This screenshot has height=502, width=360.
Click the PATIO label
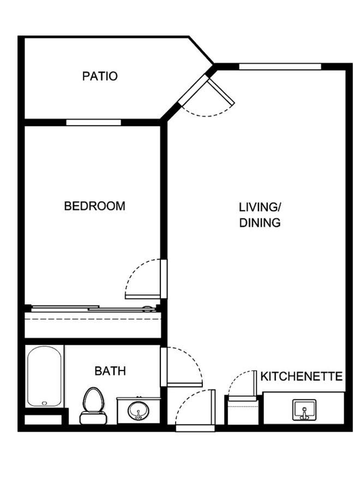point(100,76)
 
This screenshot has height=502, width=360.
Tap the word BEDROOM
point(95,206)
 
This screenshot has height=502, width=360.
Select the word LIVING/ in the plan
point(260,207)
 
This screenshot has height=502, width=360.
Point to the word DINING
point(260,223)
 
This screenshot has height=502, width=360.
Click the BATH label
point(110,371)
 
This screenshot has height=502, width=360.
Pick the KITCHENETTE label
point(302,376)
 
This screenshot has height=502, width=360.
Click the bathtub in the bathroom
point(44,376)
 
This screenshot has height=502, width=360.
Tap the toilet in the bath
point(93,406)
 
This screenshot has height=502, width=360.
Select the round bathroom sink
point(138,411)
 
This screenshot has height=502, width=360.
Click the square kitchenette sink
point(304,409)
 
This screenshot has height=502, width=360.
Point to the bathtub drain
point(45,403)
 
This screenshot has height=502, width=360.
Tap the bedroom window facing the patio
point(93,122)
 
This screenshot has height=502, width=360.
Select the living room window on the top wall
point(280,67)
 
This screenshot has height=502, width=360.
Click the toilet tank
point(93,418)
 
